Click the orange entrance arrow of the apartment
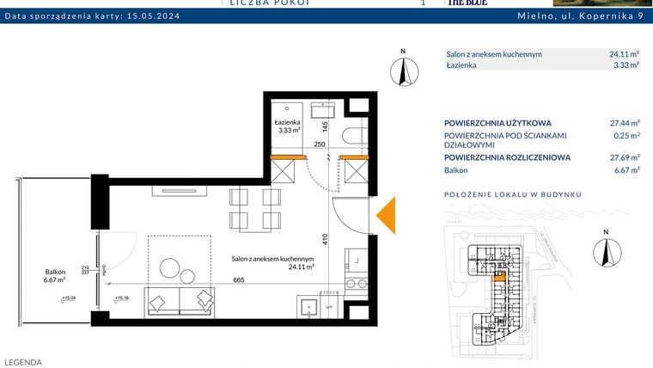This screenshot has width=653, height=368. coord(387,215)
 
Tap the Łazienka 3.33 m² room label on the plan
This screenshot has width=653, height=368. coord(287,127)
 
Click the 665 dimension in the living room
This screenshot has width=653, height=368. coord(239,279)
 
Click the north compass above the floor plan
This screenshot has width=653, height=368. coord(401,69)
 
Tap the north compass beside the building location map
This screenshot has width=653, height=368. coord(606,249)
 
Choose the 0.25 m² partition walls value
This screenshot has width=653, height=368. coord(628,136)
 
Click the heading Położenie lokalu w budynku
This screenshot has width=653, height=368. coord(513,194)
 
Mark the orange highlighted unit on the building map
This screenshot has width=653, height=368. coord(498,277)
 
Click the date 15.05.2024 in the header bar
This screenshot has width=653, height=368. coord(152,15)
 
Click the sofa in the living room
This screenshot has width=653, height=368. coord(180,300)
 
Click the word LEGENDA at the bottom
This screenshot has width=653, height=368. coord(23,362)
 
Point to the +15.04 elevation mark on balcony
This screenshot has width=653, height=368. coord(68,298)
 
